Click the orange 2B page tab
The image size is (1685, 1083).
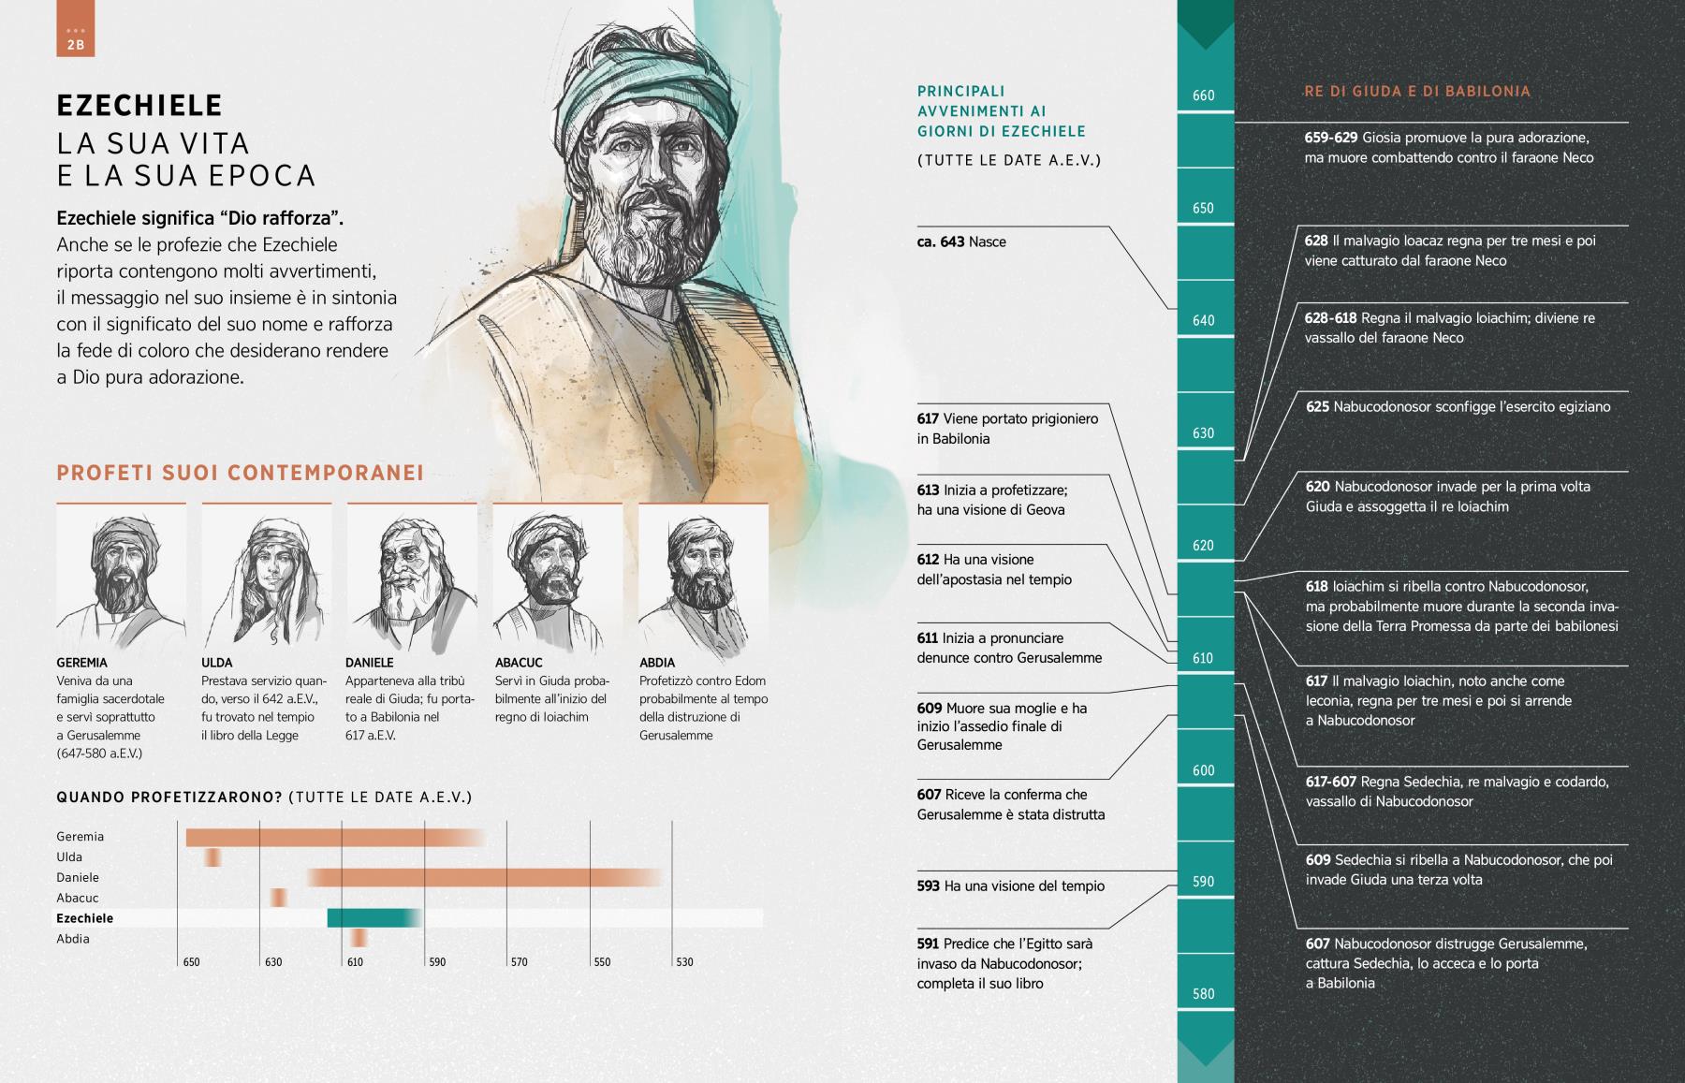[x=76, y=29]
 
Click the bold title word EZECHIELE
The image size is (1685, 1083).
[x=139, y=105]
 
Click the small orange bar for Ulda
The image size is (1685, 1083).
[x=213, y=856]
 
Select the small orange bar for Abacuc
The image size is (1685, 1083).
[x=279, y=898]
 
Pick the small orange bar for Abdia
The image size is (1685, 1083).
[x=359, y=938]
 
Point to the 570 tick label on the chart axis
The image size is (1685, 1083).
[x=519, y=962]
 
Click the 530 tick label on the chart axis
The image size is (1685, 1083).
[x=684, y=962]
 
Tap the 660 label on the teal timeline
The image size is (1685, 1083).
[x=1204, y=95]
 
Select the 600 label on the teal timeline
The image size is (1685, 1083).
[x=1204, y=770]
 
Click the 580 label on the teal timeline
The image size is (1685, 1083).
[x=1204, y=994]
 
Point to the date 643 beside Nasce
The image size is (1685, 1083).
[x=953, y=242]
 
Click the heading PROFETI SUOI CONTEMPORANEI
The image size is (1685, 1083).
[x=241, y=473]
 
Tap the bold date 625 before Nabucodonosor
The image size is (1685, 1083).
[x=1317, y=407]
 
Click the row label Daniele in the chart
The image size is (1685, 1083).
[x=78, y=877]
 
